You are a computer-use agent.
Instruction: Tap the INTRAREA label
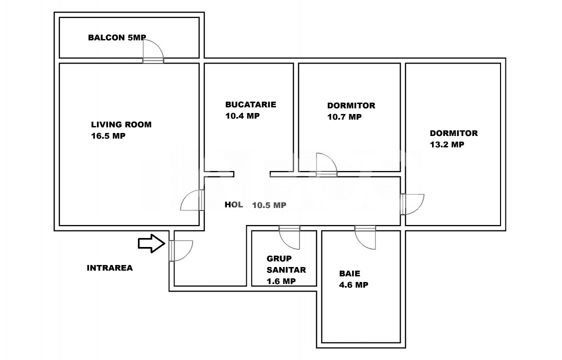click(110, 268)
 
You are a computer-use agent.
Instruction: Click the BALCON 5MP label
click(117, 37)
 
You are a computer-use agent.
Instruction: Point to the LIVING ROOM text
click(121, 124)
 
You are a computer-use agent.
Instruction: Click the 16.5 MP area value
click(108, 135)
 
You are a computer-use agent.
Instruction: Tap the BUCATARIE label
click(250, 104)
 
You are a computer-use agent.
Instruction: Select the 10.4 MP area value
click(242, 115)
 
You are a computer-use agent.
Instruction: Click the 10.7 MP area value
click(344, 117)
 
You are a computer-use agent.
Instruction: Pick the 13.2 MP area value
click(447, 144)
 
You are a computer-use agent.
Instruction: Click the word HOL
click(234, 204)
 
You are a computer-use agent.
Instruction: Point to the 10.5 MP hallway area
click(269, 205)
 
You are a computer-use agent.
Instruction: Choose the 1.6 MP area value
click(281, 281)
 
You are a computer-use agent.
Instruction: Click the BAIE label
click(350, 273)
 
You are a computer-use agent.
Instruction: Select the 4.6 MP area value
click(354, 285)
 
